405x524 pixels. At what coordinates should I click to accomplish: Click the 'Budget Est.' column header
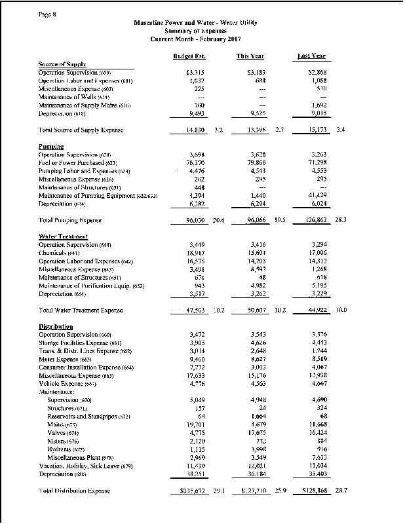click(x=187, y=56)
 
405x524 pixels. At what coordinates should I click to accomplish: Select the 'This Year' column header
click(x=250, y=56)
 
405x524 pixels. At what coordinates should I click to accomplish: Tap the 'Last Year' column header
click(x=312, y=56)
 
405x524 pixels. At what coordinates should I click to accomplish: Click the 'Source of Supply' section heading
click(x=62, y=64)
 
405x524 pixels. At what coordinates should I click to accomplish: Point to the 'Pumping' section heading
click(x=51, y=147)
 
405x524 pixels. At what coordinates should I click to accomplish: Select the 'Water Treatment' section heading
click(x=64, y=236)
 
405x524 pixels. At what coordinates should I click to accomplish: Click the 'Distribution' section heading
click(x=56, y=326)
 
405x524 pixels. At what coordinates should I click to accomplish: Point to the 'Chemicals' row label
click(x=58, y=252)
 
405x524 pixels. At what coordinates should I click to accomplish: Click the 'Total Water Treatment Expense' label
click(x=81, y=309)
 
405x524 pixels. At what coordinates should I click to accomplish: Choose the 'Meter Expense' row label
click(x=66, y=358)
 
